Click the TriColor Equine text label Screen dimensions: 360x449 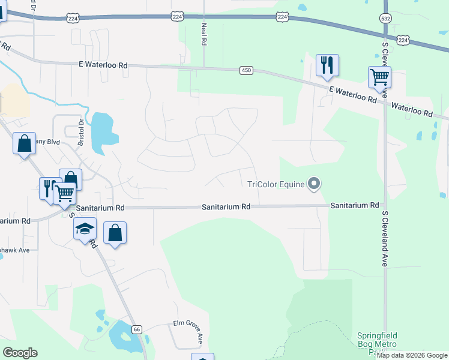click(276, 184)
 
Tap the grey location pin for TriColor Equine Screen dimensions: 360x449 click(313, 184)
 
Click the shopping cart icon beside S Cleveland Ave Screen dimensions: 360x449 click(379, 77)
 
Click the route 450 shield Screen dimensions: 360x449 click(246, 70)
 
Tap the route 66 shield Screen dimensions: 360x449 click(137, 329)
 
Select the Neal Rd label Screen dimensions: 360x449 click(204, 37)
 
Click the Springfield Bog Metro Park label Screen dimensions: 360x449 click(376, 343)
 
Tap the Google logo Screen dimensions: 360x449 click(20, 353)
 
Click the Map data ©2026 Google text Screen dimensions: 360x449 click(412, 355)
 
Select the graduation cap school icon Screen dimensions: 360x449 click(85, 228)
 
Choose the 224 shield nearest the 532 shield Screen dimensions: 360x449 click(403, 40)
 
